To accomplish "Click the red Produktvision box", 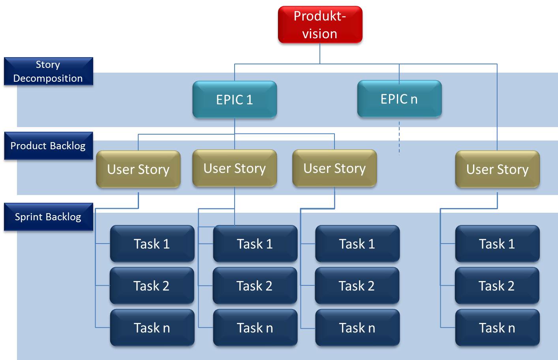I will pyautogui.click(x=320, y=24).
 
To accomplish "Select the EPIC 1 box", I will pyautogui.click(x=235, y=99).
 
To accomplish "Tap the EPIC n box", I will pyautogui.click(x=399, y=99).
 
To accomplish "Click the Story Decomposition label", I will pyautogui.click(x=48, y=71).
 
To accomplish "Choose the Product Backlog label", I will pyautogui.click(x=48, y=146).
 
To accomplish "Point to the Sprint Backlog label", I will pyautogui.click(x=48, y=217).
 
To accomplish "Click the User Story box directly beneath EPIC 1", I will pyautogui.click(x=235, y=169).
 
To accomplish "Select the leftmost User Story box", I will pyautogui.click(x=138, y=169).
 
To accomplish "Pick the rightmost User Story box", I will pyautogui.click(x=497, y=169).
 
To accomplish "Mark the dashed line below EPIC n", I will pyautogui.click(x=399, y=138).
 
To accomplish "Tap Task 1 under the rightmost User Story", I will pyautogui.click(x=497, y=244).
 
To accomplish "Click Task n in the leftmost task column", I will pyautogui.click(x=152, y=328).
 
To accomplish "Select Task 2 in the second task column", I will pyautogui.click(x=255, y=286).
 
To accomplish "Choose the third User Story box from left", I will pyautogui.click(x=334, y=169).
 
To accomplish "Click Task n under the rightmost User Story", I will pyautogui.click(x=497, y=328).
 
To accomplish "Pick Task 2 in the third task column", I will pyautogui.click(x=357, y=286).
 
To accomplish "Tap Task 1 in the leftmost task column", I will pyautogui.click(x=152, y=244).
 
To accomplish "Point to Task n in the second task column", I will pyautogui.click(x=255, y=328).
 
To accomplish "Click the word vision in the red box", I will pyautogui.click(x=320, y=34).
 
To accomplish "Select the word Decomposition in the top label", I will pyautogui.click(x=48, y=78).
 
